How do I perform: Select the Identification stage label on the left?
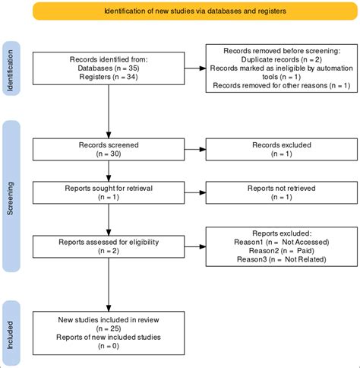[x=11, y=70]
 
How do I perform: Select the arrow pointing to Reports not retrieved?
[x=186, y=201]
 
